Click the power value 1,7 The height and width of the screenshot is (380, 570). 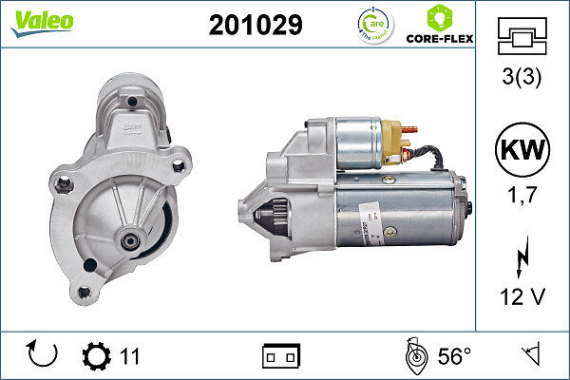[522, 197]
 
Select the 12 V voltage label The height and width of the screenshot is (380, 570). [522, 297]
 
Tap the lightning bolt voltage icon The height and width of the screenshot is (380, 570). [522, 256]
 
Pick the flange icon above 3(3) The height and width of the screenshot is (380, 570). [522, 38]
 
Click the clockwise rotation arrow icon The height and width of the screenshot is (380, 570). [44, 355]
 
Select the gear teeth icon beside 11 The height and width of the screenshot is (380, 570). [96, 356]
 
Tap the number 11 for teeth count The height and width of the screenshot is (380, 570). [130, 356]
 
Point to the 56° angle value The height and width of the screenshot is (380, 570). [454, 356]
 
